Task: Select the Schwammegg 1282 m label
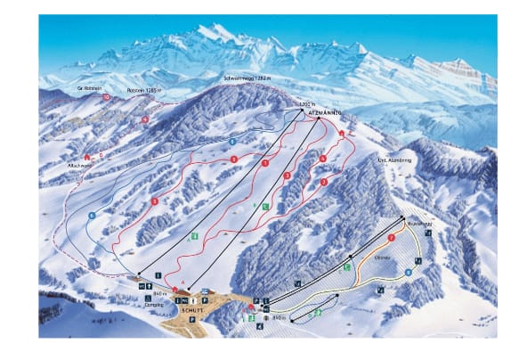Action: [x=246, y=79]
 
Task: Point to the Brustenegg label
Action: [x=417, y=225]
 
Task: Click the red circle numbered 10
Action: [x=107, y=96]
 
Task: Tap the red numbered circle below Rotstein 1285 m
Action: [x=146, y=117]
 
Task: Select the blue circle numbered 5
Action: [x=231, y=141]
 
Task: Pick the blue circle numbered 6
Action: [x=92, y=215]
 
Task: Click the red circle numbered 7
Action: [x=391, y=241]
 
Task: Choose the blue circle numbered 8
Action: [x=409, y=272]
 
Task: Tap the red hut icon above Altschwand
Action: [x=87, y=156]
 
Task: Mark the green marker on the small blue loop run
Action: [x=317, y=314]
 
